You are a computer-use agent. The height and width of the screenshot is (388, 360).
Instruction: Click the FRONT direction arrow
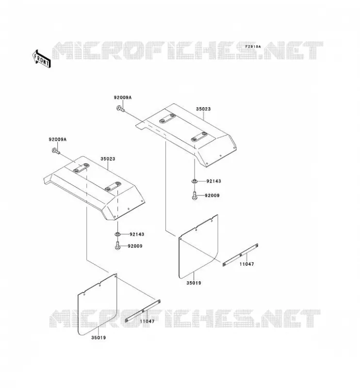[42, 59]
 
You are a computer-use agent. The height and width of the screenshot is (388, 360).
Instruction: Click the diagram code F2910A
[253, 47]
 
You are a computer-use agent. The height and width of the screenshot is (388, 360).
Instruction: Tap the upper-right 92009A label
[123, 97]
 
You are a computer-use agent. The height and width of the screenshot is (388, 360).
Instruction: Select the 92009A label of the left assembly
[57, 140]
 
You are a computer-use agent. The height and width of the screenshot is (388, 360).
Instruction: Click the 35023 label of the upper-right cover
[203, 109]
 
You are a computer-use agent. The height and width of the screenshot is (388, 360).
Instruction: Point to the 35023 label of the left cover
[108, 159]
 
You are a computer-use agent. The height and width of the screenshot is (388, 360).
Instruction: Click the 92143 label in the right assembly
[213, 181]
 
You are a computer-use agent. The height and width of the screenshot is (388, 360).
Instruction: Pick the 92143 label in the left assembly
[137, 234]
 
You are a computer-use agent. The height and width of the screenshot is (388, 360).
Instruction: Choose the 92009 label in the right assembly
[212, 195]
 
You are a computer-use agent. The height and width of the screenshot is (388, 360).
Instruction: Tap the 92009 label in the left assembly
[135, 246]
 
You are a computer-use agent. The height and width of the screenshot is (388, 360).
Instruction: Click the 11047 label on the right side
[246, 264]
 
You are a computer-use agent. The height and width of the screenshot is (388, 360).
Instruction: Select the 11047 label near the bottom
[147, 321]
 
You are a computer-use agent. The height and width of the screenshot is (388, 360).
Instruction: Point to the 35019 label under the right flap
[194, 283]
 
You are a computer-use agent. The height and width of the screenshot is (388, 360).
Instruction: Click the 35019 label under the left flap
[98, 338]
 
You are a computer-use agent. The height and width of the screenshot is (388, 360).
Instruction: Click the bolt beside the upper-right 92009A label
[120, 108]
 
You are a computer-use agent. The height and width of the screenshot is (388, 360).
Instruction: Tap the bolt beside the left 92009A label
[56, 150]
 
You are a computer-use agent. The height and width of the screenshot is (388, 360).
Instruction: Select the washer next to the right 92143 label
[195, 181]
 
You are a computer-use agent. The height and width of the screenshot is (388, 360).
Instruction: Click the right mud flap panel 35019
[198, 247]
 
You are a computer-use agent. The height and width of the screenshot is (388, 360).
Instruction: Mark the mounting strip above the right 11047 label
[241, 255]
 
